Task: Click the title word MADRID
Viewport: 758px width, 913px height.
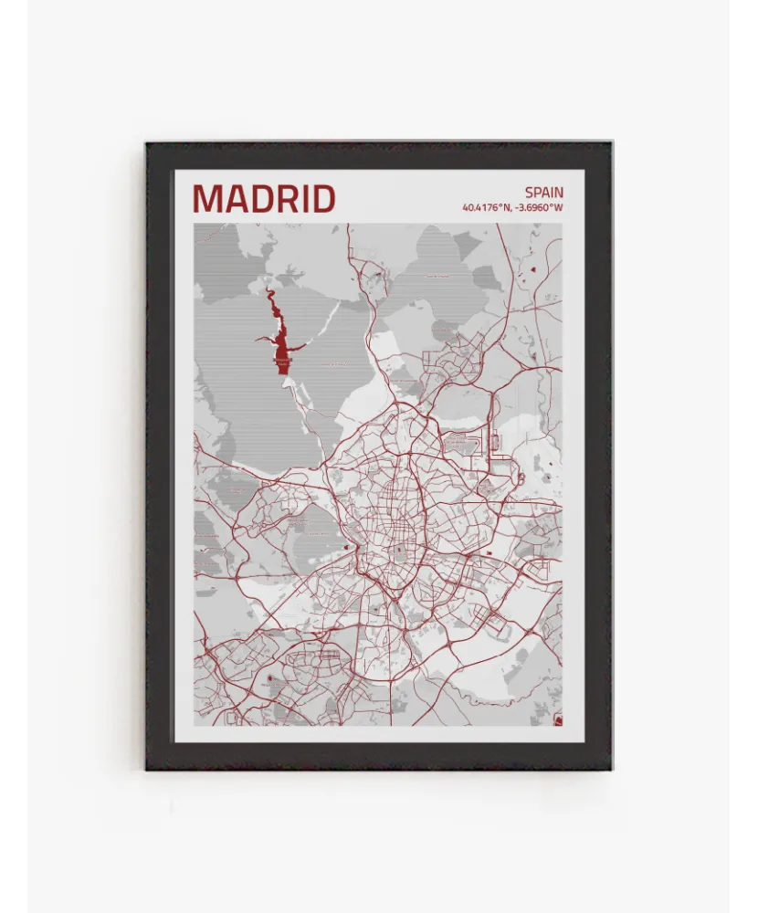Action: (264, 198)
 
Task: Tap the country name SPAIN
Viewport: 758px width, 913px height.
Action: (543, 193)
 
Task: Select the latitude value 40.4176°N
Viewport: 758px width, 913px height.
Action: (487, 207)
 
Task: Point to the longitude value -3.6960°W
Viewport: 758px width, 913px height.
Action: (539, 207)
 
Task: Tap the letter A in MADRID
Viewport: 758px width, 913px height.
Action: (236, 198)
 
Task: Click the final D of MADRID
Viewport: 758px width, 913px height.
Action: (323, 198)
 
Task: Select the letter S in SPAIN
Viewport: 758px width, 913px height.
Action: (529, 193)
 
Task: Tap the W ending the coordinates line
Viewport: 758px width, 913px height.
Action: (559, 207)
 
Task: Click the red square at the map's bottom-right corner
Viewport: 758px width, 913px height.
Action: (558, 721)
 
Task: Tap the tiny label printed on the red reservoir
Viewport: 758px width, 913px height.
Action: (283, 361)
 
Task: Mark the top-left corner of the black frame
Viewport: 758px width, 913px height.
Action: (146, 142)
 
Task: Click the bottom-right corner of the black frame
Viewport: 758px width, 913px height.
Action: (612, 769)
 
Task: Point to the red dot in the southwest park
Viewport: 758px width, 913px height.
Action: (270, 679)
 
